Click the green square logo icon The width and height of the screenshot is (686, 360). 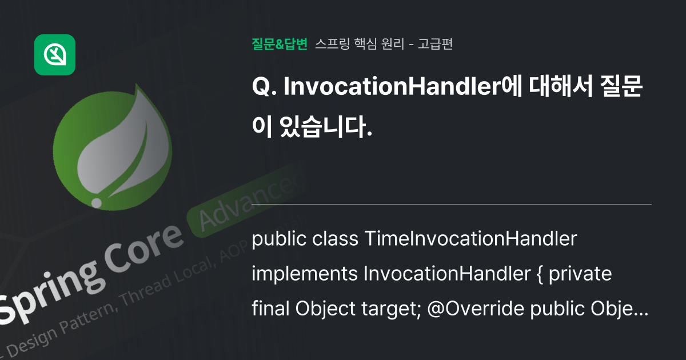coord(55,55)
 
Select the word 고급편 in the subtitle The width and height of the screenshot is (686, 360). coord(436,44)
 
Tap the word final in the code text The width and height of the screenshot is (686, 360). coord(271,309)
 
